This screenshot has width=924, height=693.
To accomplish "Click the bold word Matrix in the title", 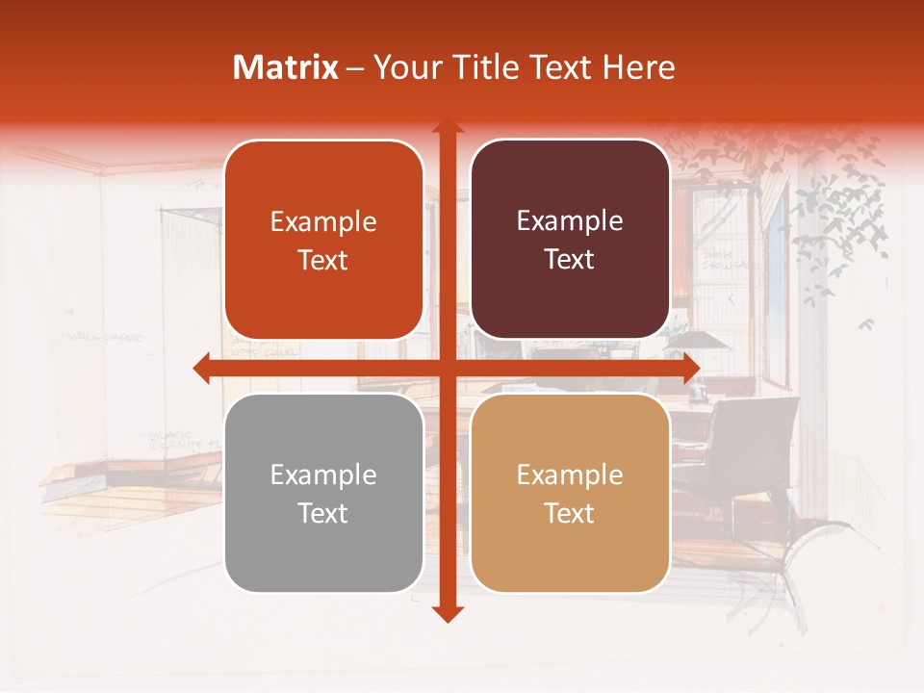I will point(286,67).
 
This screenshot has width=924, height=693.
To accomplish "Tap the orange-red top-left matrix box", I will point(323,240).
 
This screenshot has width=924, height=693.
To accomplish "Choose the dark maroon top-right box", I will point(570,240).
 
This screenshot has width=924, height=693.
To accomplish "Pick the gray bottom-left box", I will point(323,493).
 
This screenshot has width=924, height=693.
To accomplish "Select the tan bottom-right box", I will point(570,493).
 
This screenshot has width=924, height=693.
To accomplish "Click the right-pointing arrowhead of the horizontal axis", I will point(690,368).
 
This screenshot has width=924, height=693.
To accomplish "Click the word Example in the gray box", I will point(323,475).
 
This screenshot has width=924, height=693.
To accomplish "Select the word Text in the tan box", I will point(570,513).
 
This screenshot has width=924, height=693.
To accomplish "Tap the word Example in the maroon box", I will point(570,221).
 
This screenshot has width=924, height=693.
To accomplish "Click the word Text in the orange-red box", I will point(323,260).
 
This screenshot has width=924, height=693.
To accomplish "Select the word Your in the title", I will point(405,67).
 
